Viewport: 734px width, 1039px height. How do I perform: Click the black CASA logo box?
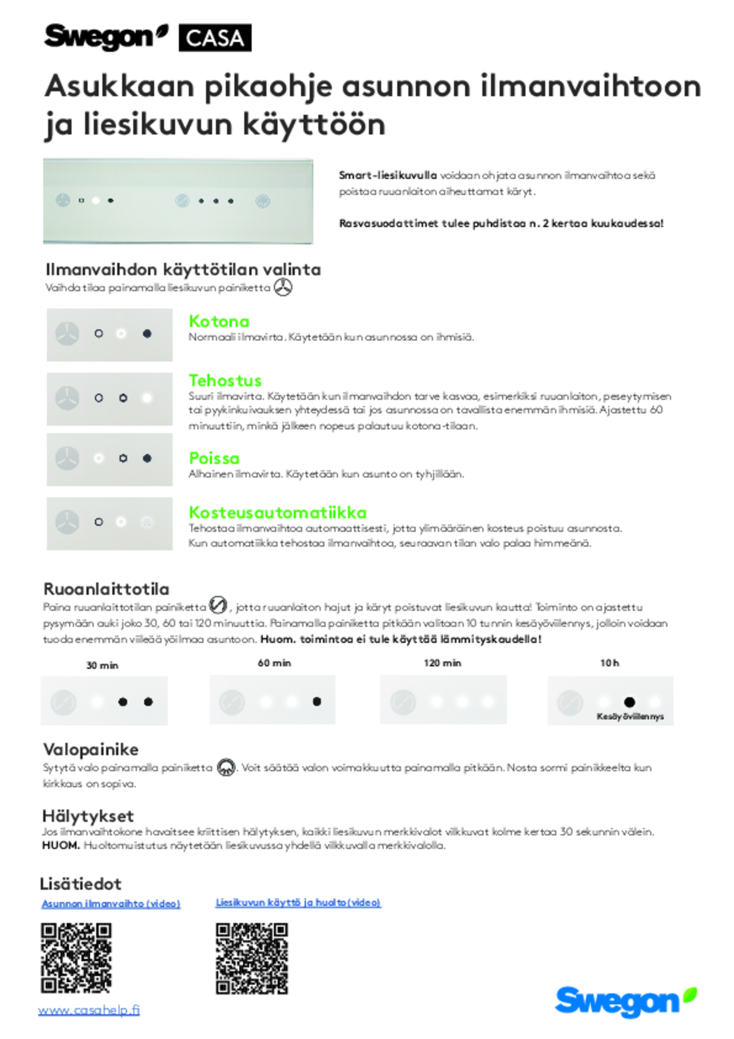(x=215, y=38)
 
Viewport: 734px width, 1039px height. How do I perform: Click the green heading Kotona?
(x=219, y=321)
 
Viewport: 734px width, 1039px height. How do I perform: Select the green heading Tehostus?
(x=225, y=380)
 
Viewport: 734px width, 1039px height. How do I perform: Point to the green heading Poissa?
(x=214, y=458)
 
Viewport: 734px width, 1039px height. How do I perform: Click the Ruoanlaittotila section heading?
(x=106, y=588)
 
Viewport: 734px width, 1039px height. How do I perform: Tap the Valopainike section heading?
(x=90, y=749)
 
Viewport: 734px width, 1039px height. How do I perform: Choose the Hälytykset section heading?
(x=88, y=816)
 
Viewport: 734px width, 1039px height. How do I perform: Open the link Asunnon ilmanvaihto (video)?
(x=111, y=904)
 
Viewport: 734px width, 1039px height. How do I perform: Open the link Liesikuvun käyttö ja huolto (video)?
(x=298, y=902)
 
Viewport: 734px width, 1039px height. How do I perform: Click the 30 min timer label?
(x=102, y=665)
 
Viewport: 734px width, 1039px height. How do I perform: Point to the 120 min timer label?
(x=442, y=663)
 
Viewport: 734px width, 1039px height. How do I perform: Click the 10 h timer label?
(x=609, y=663)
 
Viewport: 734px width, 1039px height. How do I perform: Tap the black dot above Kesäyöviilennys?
(x=629, y=702)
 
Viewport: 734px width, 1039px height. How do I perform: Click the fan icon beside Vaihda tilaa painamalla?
(x=283, y=288)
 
